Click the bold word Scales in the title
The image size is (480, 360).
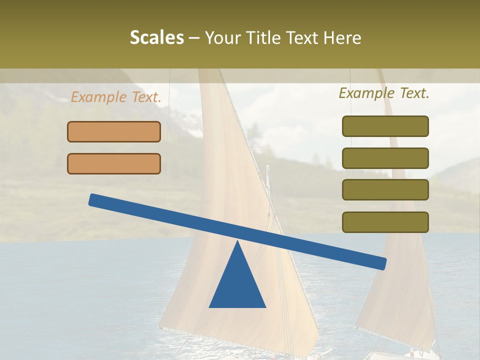pyautogui.click(x=156, y=37)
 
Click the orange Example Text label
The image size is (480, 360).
pyautogui.click(x=116, y=97)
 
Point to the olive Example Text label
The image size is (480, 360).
pyautogui.click(x=384, y=93)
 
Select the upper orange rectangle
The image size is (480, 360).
pyautogui.click(x=114, y=132)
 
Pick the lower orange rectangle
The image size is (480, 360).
pyautogui.click(x=114, y=164)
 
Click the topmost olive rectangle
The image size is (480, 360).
pyautogui.click(x=385, y=126)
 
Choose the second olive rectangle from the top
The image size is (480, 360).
pyautogui.click(x=385, y=158)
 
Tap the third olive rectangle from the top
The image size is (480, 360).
pyautogui.click(x=385, y=190)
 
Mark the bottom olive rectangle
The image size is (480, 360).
pyautogui.click(x=385, y=222)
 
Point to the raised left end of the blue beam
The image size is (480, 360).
pyautogui.click(x=93, y=199)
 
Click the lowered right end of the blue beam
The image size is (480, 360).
pyautogui.click(x=382, y=263)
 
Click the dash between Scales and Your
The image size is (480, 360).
pyautogui.click(x=194, y=38)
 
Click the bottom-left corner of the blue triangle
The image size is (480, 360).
pyautogui.click(x=210, y=306)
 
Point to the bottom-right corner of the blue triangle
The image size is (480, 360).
pyautogui.click(x=265, y=306)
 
